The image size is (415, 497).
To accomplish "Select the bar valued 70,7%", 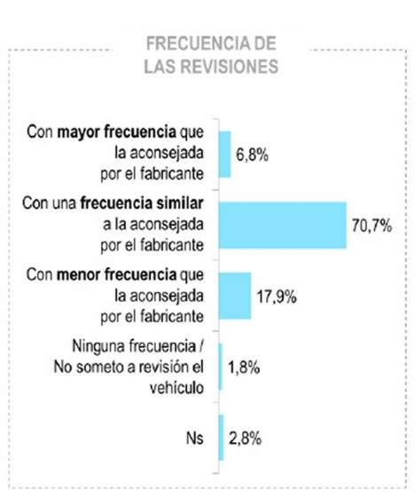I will click(x=281, y=225).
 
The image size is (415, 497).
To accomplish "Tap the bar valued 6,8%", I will click(x=223, y=154).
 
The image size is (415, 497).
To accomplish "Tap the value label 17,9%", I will click(x=277, y=296).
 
